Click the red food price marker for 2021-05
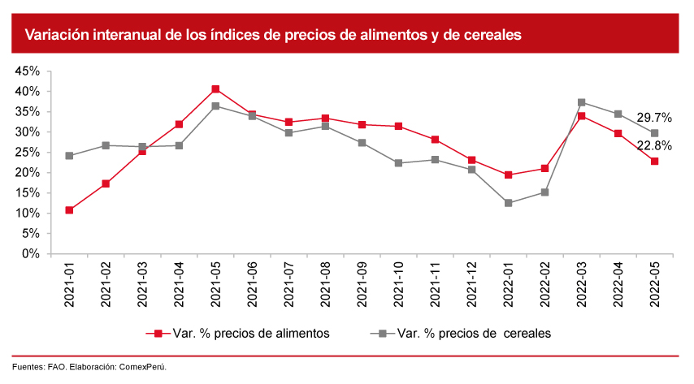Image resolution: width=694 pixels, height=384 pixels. point(215,89)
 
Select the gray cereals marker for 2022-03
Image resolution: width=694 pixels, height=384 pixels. point(581,102)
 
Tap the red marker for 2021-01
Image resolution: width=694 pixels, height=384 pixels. point(69,210)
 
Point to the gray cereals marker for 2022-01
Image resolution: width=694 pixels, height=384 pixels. point(508,203)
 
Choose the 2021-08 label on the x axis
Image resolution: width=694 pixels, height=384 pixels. point(326,284)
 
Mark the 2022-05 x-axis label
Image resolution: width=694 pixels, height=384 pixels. point(655,284)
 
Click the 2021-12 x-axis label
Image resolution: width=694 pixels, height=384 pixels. point(472,284)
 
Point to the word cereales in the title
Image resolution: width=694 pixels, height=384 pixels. point(489,35)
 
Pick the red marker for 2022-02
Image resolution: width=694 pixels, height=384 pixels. point(544,169)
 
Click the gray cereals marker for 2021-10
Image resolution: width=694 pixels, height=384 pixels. point(398,163)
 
